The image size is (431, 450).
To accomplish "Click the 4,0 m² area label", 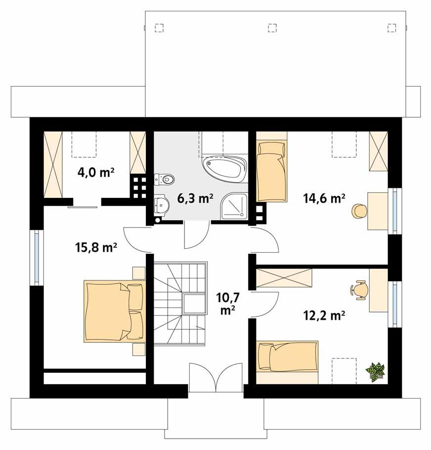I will (96, 173).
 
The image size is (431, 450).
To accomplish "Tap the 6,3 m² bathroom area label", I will (195, 198).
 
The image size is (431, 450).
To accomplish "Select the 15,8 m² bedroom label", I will (96, 247).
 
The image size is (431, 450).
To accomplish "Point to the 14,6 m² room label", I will (324, 198).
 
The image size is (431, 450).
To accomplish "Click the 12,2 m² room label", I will (324, 315).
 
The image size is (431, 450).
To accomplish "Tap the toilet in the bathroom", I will (165, 179).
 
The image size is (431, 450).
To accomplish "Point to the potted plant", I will (375, 371).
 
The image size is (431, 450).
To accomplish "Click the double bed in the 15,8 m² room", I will (114, 311).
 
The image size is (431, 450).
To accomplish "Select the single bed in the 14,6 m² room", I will (271, 171).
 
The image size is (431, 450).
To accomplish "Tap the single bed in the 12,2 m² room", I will (287, 357).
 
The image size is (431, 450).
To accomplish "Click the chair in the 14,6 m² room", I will (359, 211).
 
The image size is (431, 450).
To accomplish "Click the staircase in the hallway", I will (179, 303).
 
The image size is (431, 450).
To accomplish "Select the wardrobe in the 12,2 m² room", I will (285, 277).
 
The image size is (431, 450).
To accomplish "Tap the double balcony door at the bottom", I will (215, 378).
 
